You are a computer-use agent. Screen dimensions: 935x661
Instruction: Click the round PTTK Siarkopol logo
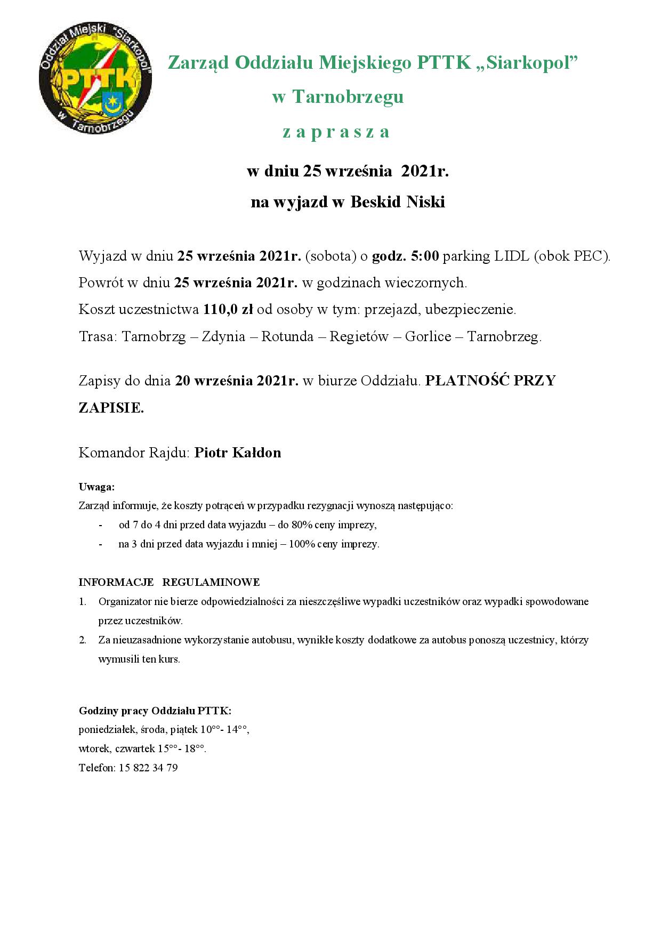tap(95, 78)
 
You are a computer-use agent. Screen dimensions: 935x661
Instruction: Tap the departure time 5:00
tap(425, 256)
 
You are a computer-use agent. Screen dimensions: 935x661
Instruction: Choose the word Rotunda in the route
tap(287, 337)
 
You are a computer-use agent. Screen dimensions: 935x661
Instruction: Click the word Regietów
tap(359, 337)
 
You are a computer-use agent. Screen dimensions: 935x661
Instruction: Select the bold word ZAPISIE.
tap(111, 408)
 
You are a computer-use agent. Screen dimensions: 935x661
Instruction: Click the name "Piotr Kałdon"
tap(238, 453)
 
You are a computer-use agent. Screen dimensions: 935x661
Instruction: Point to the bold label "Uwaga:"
tap(96, 487)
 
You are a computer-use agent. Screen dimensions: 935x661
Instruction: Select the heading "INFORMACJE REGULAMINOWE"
tap(169, 582)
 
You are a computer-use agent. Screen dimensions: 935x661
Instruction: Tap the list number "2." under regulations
tap(83, 640)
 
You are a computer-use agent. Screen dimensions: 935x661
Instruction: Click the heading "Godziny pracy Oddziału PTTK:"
tap(155, 711)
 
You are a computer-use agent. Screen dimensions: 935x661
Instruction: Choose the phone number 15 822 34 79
tap(148, 768)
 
